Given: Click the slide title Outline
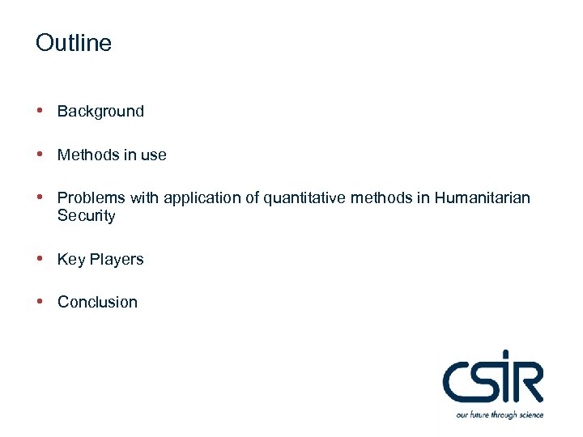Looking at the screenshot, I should click(74, 43).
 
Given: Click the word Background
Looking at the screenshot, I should click(100, 112).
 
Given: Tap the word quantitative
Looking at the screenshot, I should click(304, 198).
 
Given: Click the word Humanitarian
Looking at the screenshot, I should click(483, 198).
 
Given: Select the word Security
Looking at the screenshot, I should click(86, 216).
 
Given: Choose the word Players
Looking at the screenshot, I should click(117, 260).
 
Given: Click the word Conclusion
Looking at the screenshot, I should click(97, 303).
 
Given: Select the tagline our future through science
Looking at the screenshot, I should click(500, 415).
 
